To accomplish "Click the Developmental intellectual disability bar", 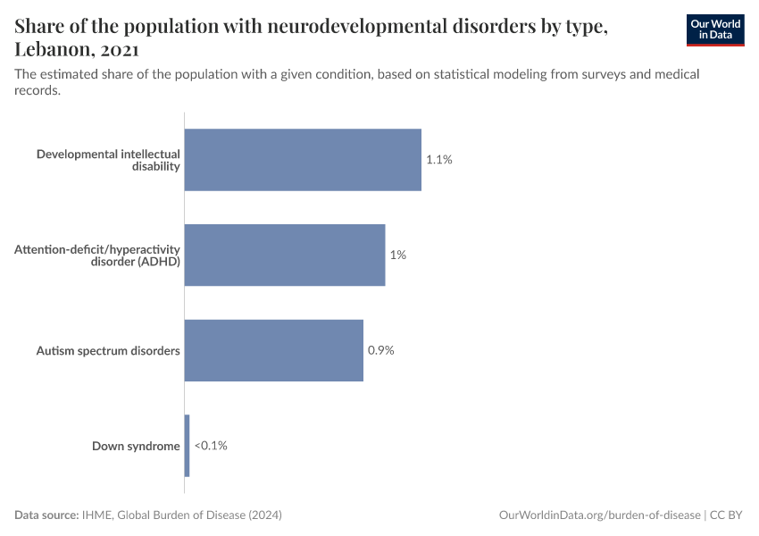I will (303, 160).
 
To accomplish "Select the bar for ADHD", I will (285, 255).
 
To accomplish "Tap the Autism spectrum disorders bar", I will (274, 350).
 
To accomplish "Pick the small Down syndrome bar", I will (188, 445).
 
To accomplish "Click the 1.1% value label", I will (439, 160).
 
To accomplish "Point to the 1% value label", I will (397, 255).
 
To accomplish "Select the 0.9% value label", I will (381, 350).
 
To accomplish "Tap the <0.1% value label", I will (211, 445).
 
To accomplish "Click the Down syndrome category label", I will (136, 446).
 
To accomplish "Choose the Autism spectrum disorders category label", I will (108, 351).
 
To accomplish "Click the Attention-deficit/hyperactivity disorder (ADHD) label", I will (97, 255).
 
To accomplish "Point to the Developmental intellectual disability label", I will (108, 160).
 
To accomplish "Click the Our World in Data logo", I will (714, 29).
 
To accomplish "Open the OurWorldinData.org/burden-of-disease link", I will (597, 515).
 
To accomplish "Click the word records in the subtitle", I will (37, 90).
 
